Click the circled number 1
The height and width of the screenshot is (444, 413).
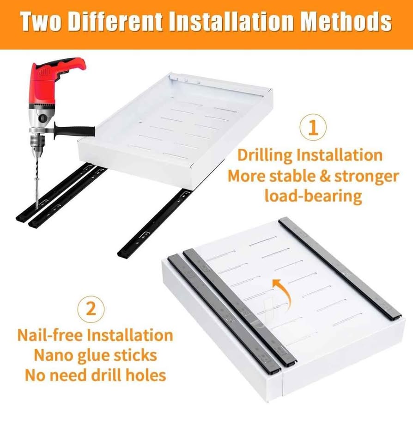(x=313, y=128)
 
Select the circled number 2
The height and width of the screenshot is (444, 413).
(x=91, y=309)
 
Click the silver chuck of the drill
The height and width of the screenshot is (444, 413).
(x=36, y=143)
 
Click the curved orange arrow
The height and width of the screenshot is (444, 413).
(x=283, y=293)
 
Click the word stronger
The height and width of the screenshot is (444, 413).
(x=367, y=177)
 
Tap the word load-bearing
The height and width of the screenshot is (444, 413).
(x=313, y=196)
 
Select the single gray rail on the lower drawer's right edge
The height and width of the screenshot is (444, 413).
(x=340, y=268)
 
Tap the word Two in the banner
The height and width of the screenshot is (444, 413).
(x=41, y=22)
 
